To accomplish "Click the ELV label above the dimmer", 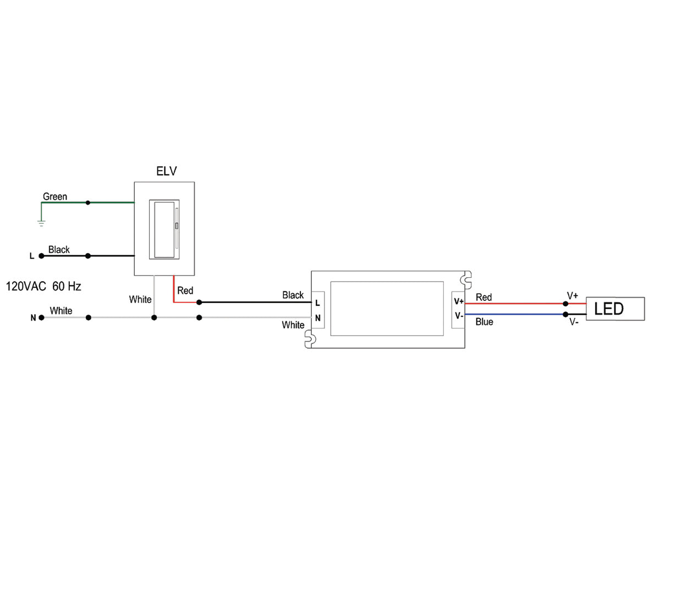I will (x=166, y=171).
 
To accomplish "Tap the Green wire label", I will (x=55, y=196).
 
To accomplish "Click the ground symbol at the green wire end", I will (x=41, y=223).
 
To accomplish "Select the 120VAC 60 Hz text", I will (x=43, y=287).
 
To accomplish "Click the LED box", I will (x=615, y=309).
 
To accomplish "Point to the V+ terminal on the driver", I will (x=458, y=301).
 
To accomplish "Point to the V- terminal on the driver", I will (x=458, y=316).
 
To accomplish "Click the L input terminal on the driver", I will (x=317, y=303).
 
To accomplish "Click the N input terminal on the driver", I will (x=317, y=318).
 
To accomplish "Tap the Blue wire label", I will (x=484, y=322).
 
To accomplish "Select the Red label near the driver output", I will (x=483, y=297).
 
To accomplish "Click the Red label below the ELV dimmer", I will (x=185, y=290).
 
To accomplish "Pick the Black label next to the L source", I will (x=59, y=250).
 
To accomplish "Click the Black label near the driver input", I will (x=293, y=295).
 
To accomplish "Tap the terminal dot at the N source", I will (x=41, y=317).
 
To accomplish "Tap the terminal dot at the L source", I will (x=41, y=256).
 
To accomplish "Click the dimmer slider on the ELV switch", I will (x=177, y=226).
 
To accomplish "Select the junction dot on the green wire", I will (x=88, y=202).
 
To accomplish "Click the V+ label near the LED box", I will (x=573, y=296).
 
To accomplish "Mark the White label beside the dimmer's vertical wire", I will (x=140, y=299).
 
